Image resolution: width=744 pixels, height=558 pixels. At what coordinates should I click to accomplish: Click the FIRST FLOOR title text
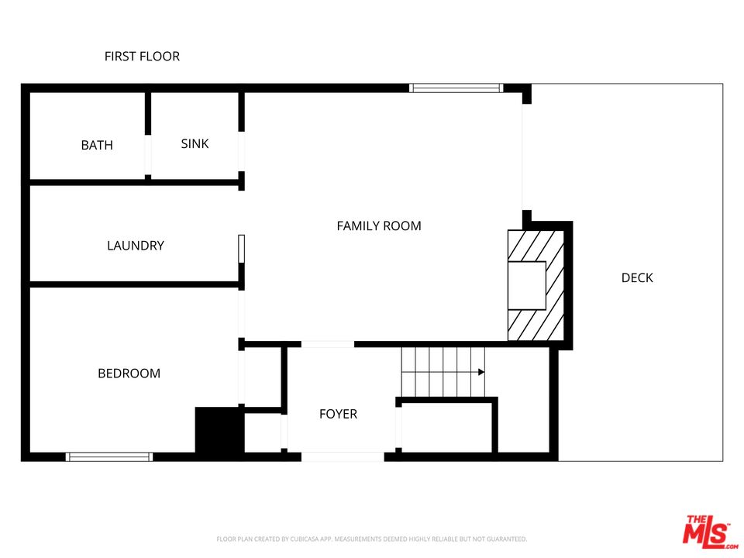(x=142, y=57)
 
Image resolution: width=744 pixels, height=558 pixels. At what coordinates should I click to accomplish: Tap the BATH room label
(x=97, y=145)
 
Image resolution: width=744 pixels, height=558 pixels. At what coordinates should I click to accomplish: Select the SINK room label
(x=195, y=143)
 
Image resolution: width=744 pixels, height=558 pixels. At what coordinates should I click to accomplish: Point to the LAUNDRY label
(x=136, y=246)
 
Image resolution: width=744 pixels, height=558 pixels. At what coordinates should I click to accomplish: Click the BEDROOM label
(x=129, y=374)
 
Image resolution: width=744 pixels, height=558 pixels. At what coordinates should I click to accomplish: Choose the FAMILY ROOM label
(x=379, y=226)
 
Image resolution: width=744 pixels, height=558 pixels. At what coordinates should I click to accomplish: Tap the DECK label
(x=637, y=277)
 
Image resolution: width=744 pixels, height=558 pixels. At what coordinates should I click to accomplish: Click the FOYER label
(x=339, y=414)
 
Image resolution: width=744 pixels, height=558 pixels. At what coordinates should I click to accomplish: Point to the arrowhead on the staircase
(x=480, y=372)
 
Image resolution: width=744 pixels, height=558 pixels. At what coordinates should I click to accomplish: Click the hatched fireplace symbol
(x=535, y=285)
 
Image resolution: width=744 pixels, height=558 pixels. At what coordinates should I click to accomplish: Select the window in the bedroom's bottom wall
(x=109, y=457)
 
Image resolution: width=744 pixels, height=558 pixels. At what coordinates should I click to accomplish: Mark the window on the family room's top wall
(x=456, y=88)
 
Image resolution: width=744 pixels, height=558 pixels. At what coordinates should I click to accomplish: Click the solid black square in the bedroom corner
(x=219, y=429)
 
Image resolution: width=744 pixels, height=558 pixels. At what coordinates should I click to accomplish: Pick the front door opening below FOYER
(x=343, y=457)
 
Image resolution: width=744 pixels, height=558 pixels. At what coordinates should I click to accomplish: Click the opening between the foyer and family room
(x=328, y=343)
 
